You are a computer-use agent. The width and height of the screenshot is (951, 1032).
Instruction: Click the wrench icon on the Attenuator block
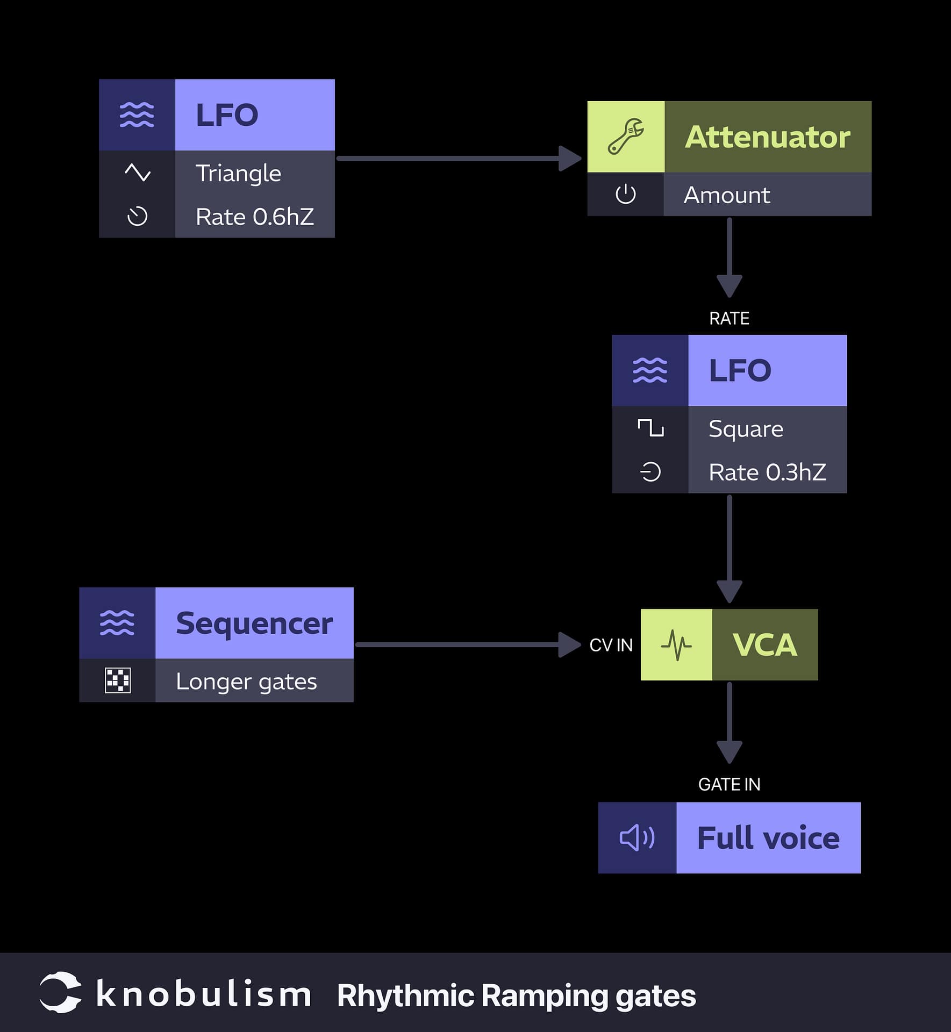click(625, 137)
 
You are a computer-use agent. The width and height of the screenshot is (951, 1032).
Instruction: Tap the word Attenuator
click(767, 137)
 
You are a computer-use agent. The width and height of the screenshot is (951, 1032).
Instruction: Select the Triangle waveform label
click(238, 173)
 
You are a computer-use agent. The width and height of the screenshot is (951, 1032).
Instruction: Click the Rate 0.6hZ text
click(254, 217)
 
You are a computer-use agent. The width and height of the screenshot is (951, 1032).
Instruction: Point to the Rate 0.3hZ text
click(767, 472)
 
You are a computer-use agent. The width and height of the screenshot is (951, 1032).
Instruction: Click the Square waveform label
click(746, 428)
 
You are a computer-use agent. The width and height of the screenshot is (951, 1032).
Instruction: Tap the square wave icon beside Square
click(650, 428)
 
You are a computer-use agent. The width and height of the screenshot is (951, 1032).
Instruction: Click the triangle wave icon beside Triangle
click(137, 173)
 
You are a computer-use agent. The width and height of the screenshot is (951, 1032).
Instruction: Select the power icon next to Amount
click(625, 194)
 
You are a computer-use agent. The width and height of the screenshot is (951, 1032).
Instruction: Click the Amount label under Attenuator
click(726, 195)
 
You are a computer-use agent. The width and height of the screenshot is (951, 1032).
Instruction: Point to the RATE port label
click(729, 318)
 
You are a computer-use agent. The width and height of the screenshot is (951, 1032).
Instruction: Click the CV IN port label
click(611, 645)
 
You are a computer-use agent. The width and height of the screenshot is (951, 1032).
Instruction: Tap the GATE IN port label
click(729, 784)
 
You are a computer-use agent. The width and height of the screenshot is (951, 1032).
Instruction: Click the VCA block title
click(764, 644)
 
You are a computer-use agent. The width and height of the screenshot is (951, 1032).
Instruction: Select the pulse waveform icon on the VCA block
click(676, 644)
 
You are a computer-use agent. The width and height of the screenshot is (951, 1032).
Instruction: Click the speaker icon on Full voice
click(637, 837)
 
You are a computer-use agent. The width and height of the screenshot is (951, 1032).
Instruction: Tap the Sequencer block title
click(254, 623)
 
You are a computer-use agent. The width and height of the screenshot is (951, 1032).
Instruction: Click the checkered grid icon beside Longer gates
click(118, 680)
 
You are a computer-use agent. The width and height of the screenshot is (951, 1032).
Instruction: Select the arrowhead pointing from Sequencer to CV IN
click(569, 644)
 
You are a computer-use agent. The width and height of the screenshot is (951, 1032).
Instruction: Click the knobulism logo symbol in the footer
click(60, 992)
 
